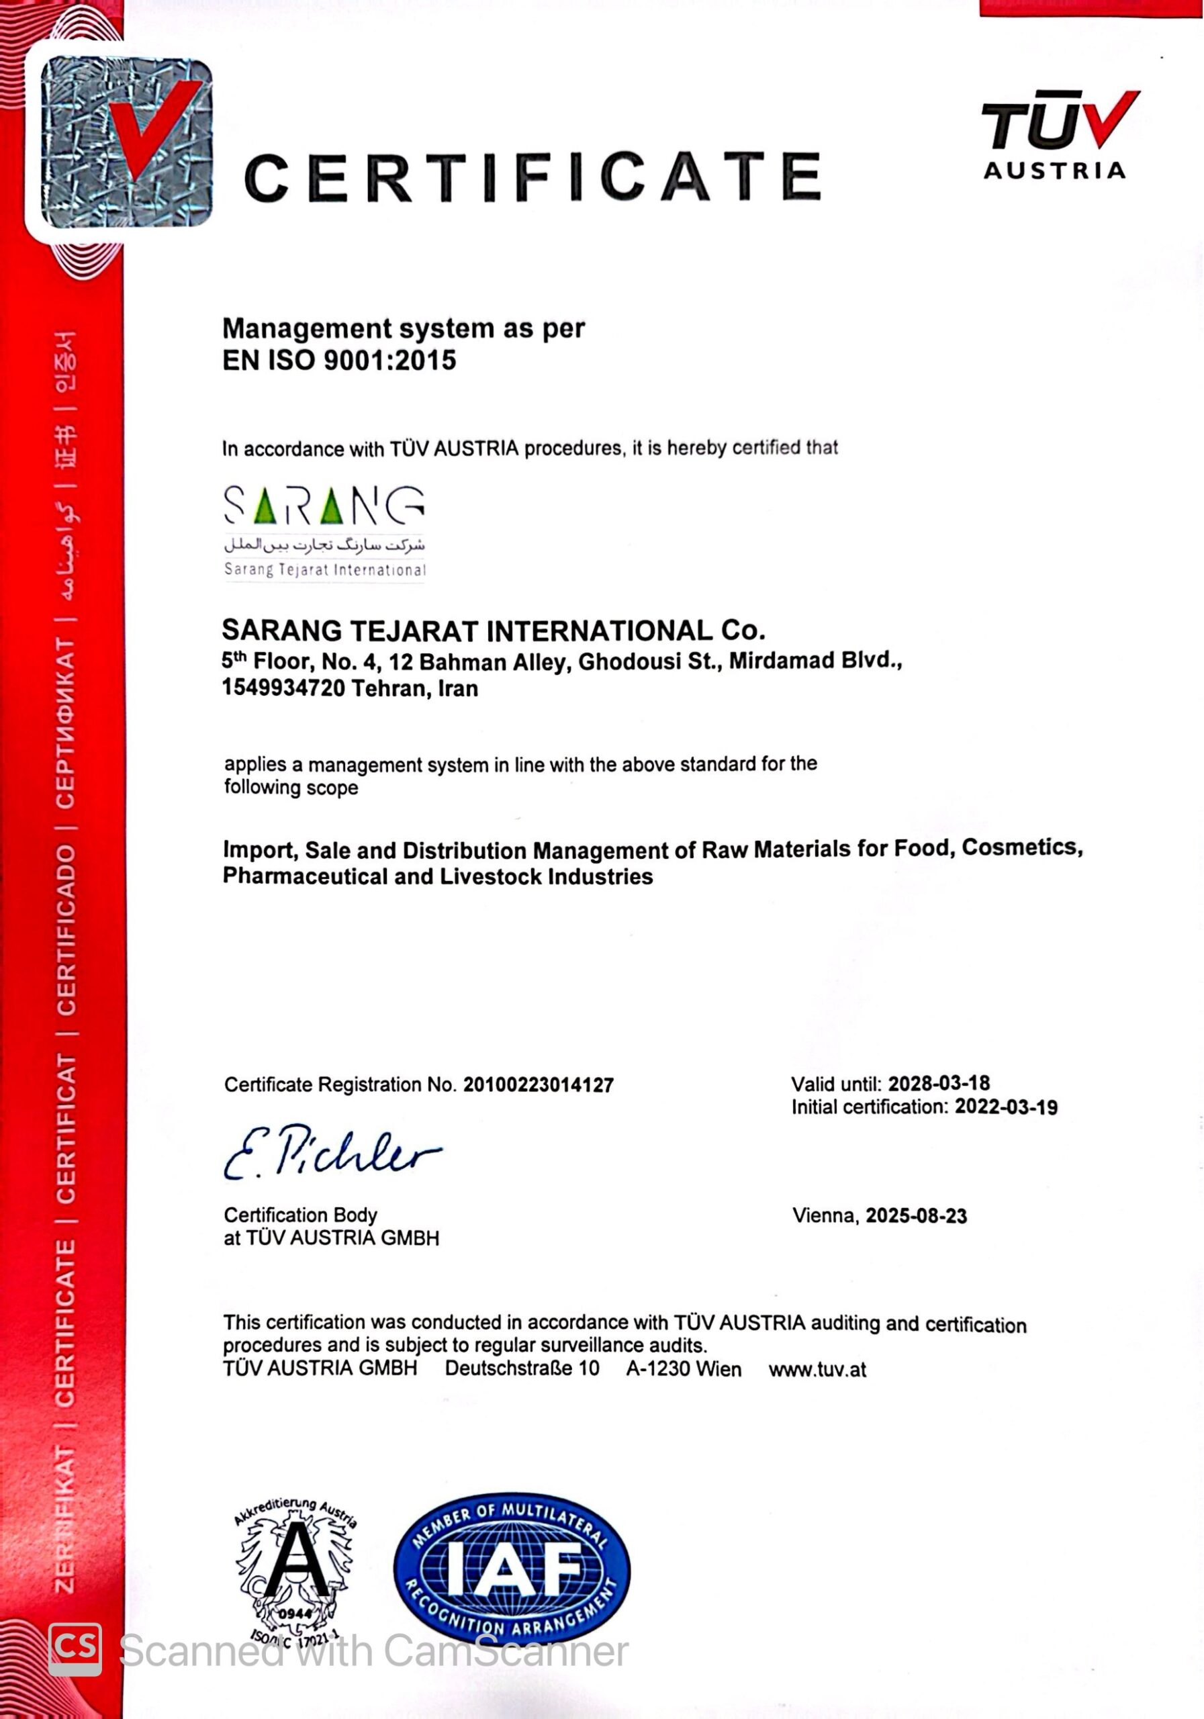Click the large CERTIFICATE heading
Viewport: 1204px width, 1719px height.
click(532, 178)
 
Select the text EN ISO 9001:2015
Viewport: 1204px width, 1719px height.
click(339, 361)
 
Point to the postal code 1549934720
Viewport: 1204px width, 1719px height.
click(282, 688)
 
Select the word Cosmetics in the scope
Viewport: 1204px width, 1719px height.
click(1021, 847)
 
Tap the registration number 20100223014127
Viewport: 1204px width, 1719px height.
click(539, 1085)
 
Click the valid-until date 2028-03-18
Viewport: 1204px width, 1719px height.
click(938, 1083)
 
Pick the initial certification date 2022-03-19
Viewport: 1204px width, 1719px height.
click(1006, 1107)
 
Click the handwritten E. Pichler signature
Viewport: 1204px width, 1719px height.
click(331, 1154)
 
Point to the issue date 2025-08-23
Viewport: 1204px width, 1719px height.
click(916, 1216)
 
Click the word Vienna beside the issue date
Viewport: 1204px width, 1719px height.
click(825, 1216)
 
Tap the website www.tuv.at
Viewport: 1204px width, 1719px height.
click(817, 1370)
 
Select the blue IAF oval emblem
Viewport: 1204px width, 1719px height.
click(512, 1569)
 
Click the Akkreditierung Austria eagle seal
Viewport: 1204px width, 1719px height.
click(295, 1571)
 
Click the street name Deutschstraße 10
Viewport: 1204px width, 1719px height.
click(522, 1368)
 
